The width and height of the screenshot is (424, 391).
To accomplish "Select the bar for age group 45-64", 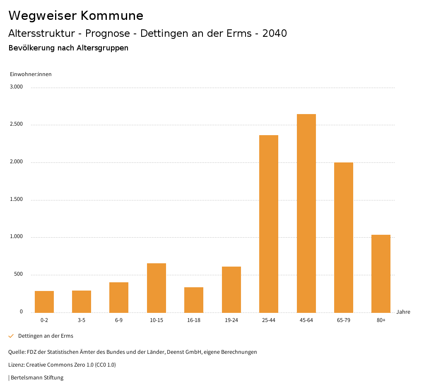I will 306,213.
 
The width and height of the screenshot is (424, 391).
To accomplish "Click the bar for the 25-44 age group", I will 269,224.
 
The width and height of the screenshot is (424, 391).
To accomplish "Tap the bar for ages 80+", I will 381,274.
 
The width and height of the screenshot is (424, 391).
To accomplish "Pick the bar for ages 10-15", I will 157,288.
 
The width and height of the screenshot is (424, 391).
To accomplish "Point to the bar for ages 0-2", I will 44,302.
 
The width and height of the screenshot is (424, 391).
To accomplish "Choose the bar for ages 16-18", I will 194,300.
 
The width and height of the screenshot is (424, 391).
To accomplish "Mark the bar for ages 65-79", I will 344,237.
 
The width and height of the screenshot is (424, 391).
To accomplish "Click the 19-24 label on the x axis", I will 231,320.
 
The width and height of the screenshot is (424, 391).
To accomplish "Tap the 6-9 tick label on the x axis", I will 119,320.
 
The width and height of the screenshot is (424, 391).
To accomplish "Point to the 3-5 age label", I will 82,320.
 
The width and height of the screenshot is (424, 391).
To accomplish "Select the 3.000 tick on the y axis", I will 17,87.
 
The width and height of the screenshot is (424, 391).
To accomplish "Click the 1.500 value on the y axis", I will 17,200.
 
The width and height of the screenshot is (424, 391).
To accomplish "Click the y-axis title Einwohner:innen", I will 31,74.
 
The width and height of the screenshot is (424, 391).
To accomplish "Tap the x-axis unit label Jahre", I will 403,312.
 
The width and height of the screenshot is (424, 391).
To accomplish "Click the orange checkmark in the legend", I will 11,336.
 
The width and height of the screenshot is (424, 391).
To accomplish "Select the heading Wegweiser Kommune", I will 76,16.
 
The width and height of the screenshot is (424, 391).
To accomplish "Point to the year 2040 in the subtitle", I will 275,33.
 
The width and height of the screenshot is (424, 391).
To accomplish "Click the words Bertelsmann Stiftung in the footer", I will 37,378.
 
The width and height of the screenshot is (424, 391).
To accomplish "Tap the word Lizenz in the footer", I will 16,365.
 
